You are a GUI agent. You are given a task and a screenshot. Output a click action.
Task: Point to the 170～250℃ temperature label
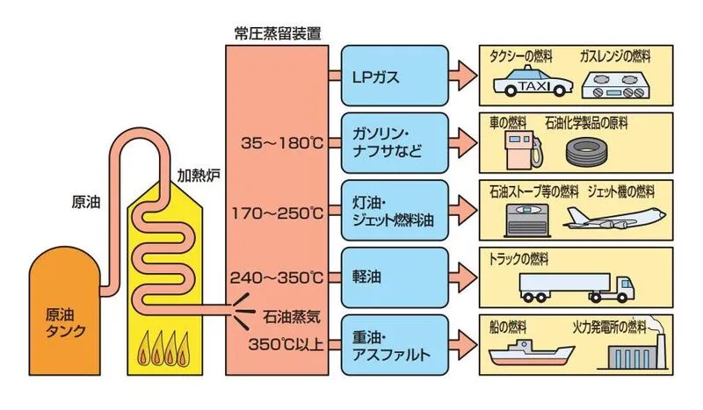[277, 212]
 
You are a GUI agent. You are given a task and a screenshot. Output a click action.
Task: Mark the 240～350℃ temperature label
[277, 277]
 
